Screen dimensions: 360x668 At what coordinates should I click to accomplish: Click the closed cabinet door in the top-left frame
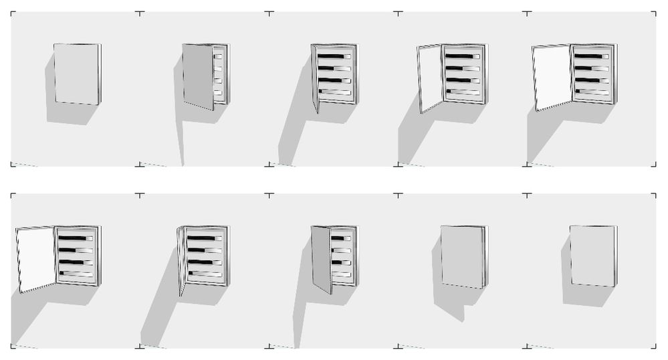pos(76,74)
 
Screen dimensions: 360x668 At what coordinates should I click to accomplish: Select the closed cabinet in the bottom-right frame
pos(592,256)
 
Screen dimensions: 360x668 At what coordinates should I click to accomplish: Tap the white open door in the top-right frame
pos(553,77)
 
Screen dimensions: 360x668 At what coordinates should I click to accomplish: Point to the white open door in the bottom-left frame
pos(36,259)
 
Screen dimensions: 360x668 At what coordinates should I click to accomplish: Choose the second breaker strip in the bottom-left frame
pos(75,250)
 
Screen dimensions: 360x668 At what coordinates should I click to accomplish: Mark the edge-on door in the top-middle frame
pos(314,78)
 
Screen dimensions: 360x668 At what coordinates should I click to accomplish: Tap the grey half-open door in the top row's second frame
pos(198,76)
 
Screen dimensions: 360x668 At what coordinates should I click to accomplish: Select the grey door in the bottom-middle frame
pos(321,259)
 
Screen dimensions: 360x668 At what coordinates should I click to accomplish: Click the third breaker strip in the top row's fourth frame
pos(463,80)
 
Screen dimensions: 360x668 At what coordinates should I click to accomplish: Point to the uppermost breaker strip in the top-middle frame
pos(334,56)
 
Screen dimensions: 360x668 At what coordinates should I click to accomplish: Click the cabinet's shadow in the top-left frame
pos(70,114)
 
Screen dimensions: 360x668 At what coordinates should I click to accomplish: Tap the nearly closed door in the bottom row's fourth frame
pos(462,256)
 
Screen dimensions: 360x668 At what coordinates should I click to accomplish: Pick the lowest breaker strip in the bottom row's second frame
pos(205,273)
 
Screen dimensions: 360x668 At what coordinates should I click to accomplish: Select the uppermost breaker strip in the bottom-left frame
pos(75,238)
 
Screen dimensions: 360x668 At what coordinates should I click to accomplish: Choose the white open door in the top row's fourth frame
pos(430,78)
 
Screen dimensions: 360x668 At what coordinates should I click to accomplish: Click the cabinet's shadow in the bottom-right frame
pos(585,296)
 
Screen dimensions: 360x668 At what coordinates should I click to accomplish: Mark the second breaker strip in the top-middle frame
pos(334,68)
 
